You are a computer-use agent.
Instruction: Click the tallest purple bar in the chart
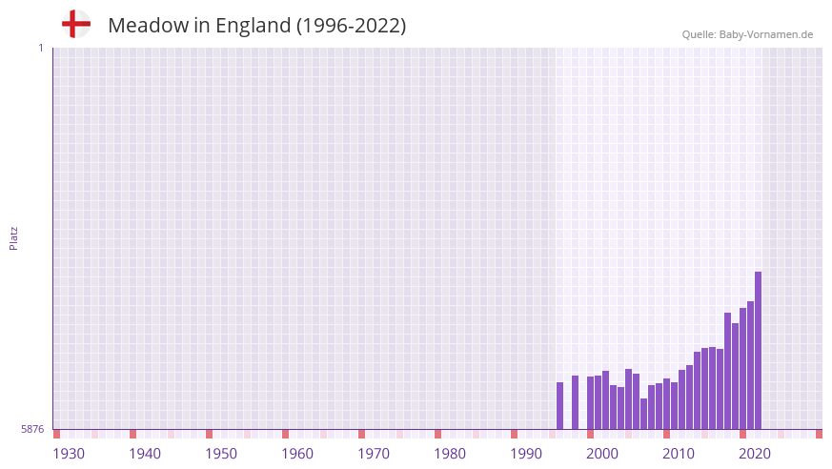pos(758,351)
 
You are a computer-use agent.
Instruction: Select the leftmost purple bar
pos(559,406)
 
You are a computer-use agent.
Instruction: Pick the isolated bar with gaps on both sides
pos(575,402)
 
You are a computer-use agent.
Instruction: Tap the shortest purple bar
pos(643,414)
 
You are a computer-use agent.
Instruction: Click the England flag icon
pos(76,25)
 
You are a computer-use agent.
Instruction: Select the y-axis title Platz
pos(13,237)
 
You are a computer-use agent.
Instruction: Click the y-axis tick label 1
pos(40,48)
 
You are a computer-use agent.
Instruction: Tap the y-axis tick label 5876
pos(32,430)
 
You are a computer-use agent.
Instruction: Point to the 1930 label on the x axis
pos(69,454)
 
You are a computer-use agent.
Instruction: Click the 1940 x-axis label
pos(145,454)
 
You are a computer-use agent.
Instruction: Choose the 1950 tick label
pos(221,454)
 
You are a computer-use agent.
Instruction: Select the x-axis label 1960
pos(297,454)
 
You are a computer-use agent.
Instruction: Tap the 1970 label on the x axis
pos(374,454)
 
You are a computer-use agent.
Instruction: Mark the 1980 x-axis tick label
pos(450,454)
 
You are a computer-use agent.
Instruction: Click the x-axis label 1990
pos(526,454)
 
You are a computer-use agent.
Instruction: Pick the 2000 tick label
pos(602,454)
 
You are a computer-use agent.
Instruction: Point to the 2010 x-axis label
pos(679,454)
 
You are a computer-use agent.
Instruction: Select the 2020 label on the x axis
pos(755,454)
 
